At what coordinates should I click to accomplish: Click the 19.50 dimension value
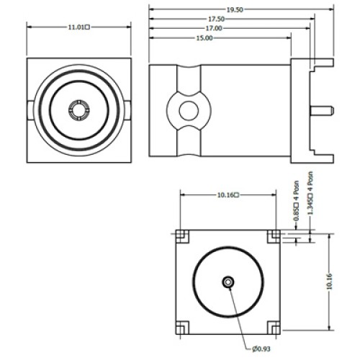coord(235,9)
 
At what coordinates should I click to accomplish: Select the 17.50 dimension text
coord(216,19)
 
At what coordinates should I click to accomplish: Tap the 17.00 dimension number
coord(214,28)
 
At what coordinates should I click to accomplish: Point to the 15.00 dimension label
coord(204,38)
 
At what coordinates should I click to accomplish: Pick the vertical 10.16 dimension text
coord(329,281)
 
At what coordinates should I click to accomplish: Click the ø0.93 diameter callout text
coord(261,348)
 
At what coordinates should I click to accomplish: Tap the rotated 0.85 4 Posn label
coord(297,201)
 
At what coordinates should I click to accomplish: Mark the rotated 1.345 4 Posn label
coord(310,193)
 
